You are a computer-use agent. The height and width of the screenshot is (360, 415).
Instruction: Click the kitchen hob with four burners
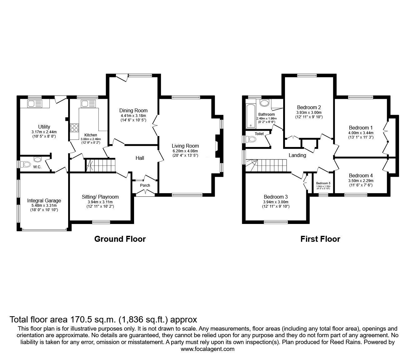(x=74, y=128)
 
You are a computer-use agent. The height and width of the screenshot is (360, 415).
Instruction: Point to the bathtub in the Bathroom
(x=251, y=116)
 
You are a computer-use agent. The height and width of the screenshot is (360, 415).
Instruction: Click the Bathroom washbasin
(x=264, y=103)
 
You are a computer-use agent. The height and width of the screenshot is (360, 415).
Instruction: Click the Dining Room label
(x=133, y=110)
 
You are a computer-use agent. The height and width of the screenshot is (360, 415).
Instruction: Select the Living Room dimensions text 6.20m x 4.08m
(x=185, y=151)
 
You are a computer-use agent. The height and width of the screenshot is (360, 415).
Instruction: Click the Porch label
(x=145, y=185)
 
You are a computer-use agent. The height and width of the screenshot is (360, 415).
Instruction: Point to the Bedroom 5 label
(x=323, y=183)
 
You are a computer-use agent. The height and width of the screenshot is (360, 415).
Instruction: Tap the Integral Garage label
(x=44, y=201)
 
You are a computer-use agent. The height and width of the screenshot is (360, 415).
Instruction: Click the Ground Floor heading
(x=120, y=239)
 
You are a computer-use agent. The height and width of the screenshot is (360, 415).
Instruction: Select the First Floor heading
(x=320, y=239)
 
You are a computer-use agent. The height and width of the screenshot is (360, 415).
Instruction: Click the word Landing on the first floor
(x=297, y=155)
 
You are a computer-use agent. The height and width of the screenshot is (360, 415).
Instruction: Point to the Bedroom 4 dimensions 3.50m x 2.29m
(x=361, y=180)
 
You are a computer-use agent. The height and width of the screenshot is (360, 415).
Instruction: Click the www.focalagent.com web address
(x=207, y=349)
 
